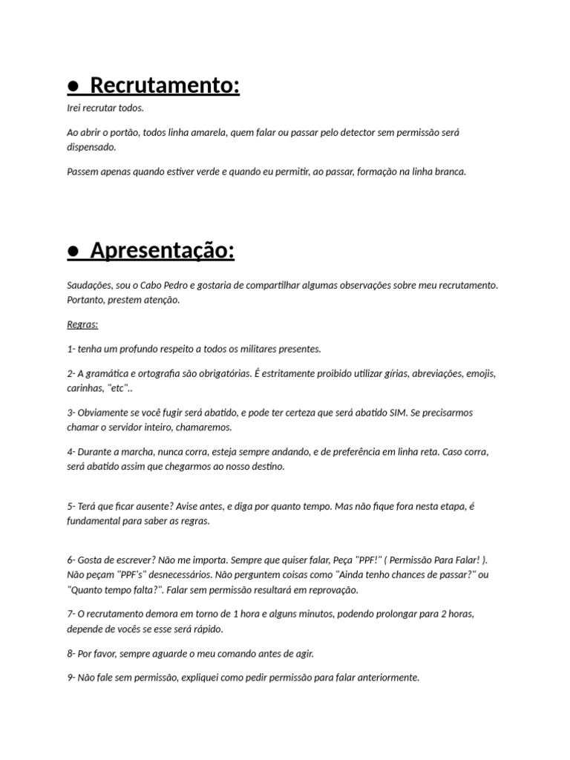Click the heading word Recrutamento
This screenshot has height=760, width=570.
[x=166, y=86]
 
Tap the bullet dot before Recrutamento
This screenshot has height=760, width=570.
[x=73, y=88]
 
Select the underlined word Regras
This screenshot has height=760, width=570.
[x=82, y=324]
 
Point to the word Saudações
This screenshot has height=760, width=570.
[x=90, y=285]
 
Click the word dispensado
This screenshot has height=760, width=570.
[x=91, y=147]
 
